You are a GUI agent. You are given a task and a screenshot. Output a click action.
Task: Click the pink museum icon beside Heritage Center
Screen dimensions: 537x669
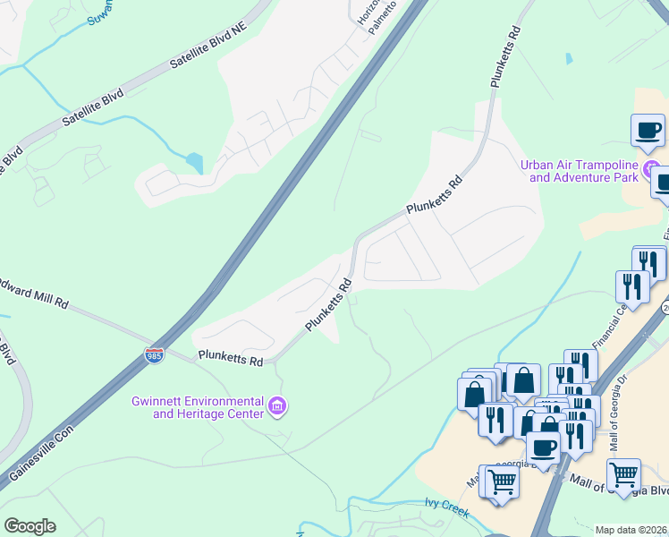tap(277, 408)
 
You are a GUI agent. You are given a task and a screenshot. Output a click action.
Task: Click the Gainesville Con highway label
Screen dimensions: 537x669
tap(40, 455)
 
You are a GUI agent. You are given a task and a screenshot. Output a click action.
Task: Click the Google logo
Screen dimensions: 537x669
tap(30, 526)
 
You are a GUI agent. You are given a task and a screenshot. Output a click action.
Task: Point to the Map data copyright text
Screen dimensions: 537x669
tap(631, 530)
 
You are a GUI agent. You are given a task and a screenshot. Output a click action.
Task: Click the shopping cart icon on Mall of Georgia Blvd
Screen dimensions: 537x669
tap(623, 472)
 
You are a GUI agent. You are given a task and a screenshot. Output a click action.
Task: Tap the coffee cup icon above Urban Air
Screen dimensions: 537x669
tap(648, 129)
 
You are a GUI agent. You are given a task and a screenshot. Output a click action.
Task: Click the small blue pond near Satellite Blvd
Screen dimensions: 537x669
tap(195, 164)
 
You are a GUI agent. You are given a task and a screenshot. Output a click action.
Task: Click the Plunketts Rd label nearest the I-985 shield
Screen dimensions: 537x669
tap(231, 360)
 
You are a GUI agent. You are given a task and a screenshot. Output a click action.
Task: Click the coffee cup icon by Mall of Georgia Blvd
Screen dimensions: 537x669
tap(543, 445)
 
